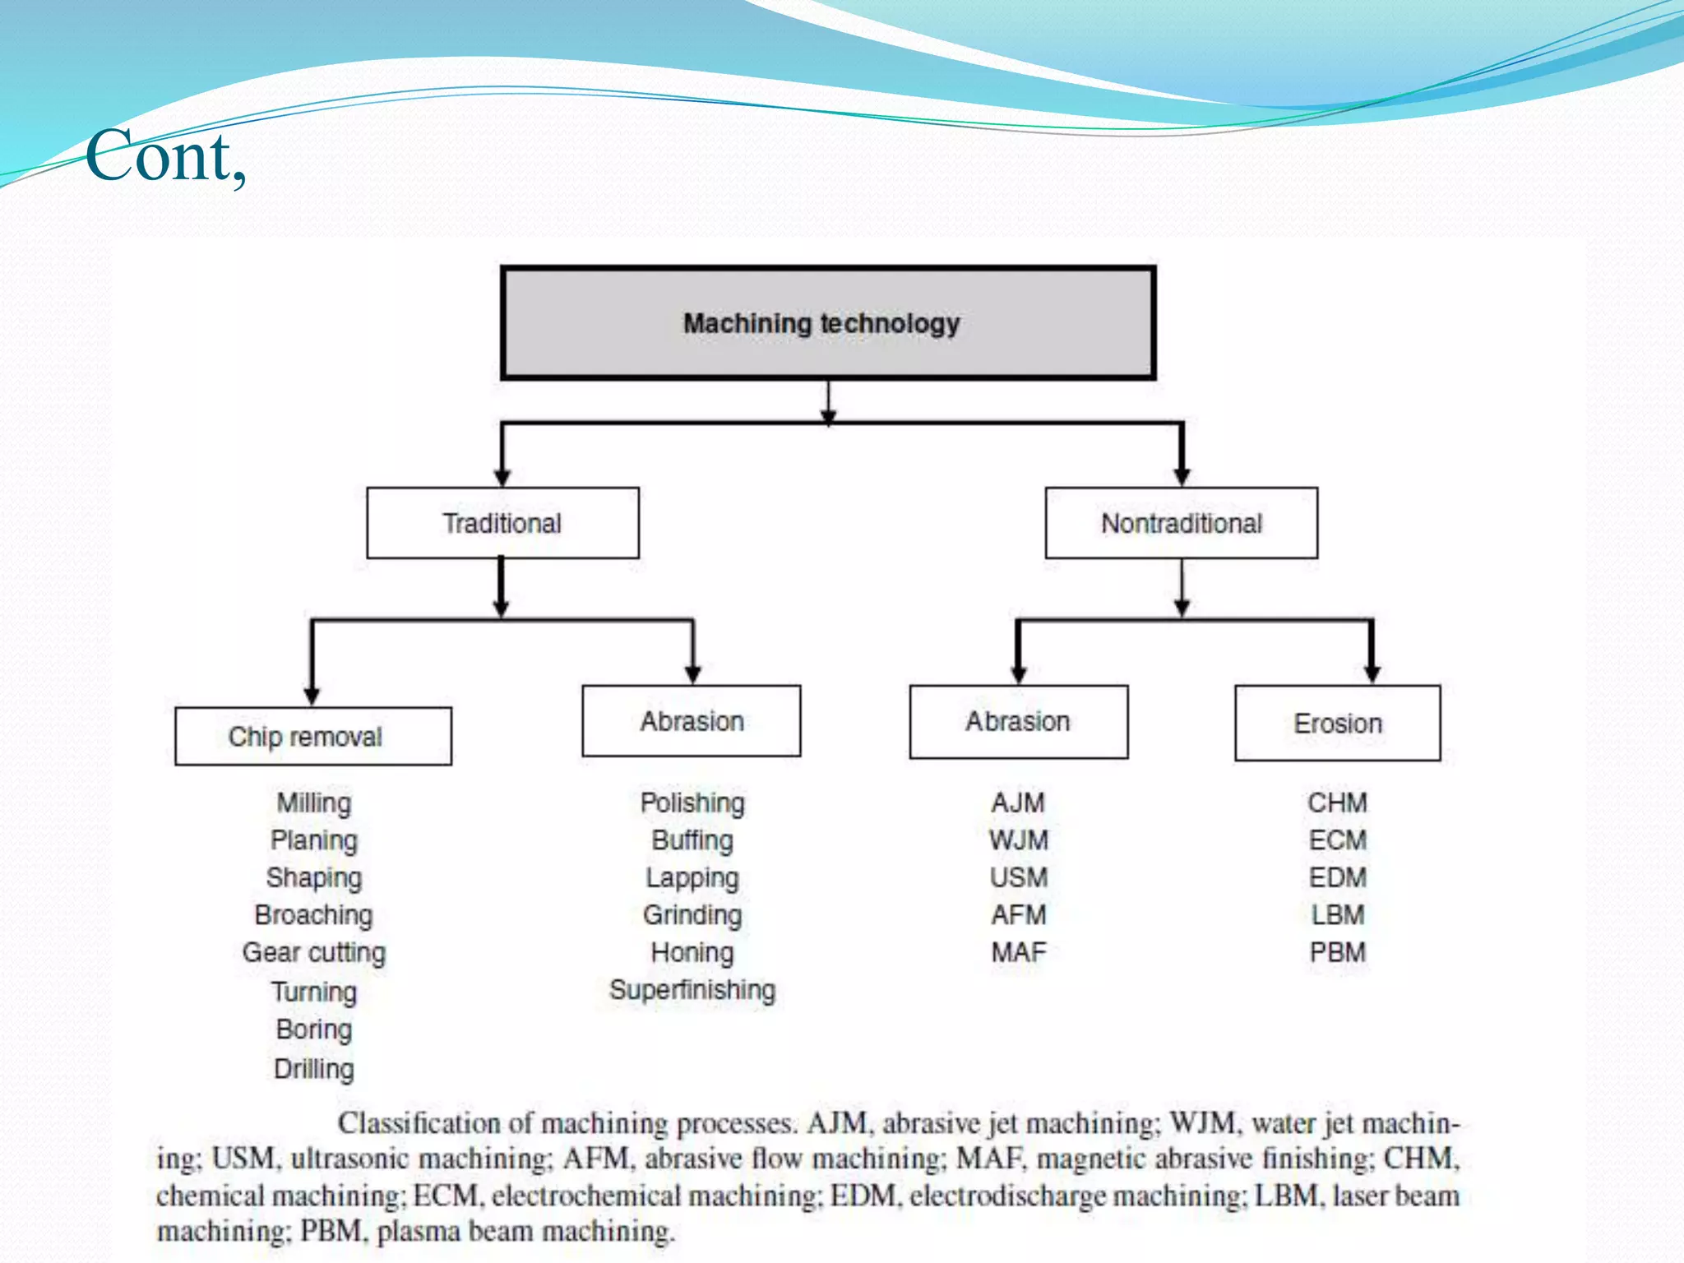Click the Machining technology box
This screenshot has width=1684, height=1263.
click(828, 323)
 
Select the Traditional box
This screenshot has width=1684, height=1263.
click(502, 523)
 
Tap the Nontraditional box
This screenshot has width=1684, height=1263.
click(1181, 523)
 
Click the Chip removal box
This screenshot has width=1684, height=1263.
click(313, 736)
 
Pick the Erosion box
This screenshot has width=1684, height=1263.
click(1337, 723)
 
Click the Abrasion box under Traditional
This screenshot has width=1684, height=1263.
click(691, 721)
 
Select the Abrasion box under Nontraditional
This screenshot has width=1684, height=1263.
click(1018, 721)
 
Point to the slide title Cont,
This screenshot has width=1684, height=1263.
click(165, 156)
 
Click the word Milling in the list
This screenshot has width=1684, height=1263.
click(314, 803)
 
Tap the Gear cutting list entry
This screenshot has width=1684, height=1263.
click(314, 952)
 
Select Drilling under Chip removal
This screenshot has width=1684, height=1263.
click(314, 1069)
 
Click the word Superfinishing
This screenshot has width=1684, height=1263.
click(692, 990)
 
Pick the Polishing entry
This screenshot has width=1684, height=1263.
click(692, 803)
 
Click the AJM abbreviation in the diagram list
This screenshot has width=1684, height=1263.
click(1018, 803)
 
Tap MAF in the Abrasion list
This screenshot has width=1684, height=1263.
click(1019, 952)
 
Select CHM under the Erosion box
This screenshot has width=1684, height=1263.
click(1338, 803)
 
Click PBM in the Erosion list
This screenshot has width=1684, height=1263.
click(1338, 952)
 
